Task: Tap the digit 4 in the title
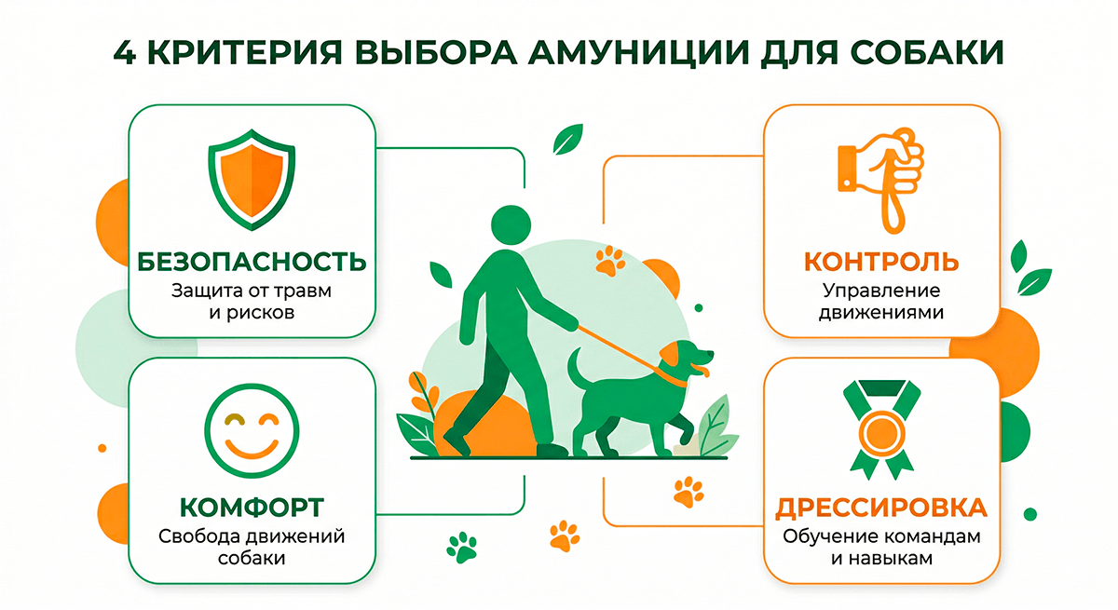coord(123,52)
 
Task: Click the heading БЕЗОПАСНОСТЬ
coord(252,262)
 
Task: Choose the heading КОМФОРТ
coord(252,508)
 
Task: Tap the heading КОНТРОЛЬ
coord(881,260)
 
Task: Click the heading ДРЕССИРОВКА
coord(881,508)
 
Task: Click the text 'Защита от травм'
coord(252,290)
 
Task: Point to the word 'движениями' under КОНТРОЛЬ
coord(881,313)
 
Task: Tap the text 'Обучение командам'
coord(881,536)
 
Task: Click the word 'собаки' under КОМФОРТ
coord(252,559)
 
